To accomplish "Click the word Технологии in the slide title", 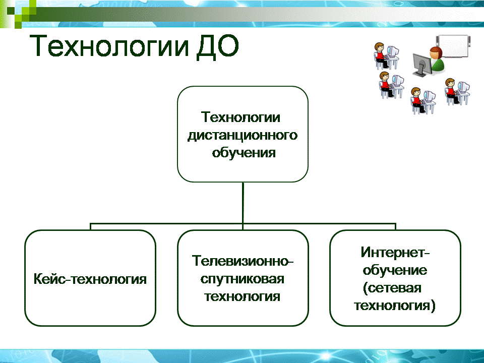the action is click(109, 46).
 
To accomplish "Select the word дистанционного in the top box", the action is click(243, 135).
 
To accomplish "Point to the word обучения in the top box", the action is click(244, 153).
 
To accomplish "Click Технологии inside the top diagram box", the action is click(241, 117).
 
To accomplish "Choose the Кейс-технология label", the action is click(90, 279).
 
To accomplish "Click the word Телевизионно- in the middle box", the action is click(243, 261).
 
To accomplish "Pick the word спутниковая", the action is click(243, 279).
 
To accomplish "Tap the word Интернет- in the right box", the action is click(395, 252).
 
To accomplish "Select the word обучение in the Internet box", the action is click(395, 270).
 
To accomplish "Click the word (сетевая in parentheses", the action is click(392, 288).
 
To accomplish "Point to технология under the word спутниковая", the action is click(243, 296).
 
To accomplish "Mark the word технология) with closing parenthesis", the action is click(395, 306).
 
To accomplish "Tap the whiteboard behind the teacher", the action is click(453, 46).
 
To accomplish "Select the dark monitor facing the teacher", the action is click(422, 65).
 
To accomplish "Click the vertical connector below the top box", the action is click(243, 203).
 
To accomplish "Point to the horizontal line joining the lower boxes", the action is click(243, 223).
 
